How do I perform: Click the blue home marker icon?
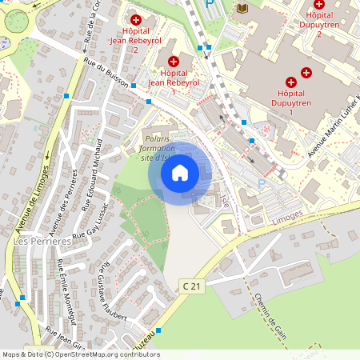(x=180, y=172)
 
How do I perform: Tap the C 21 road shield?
(x=190, y=286)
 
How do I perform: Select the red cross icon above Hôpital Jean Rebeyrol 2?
(x=136, y=19)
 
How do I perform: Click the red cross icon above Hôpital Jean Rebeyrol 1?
(x=174, y=61)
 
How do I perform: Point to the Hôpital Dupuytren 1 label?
(x=290, y=102)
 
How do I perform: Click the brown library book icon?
(x=242, y=8)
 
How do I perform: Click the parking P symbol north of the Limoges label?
(x=261, y=183)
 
